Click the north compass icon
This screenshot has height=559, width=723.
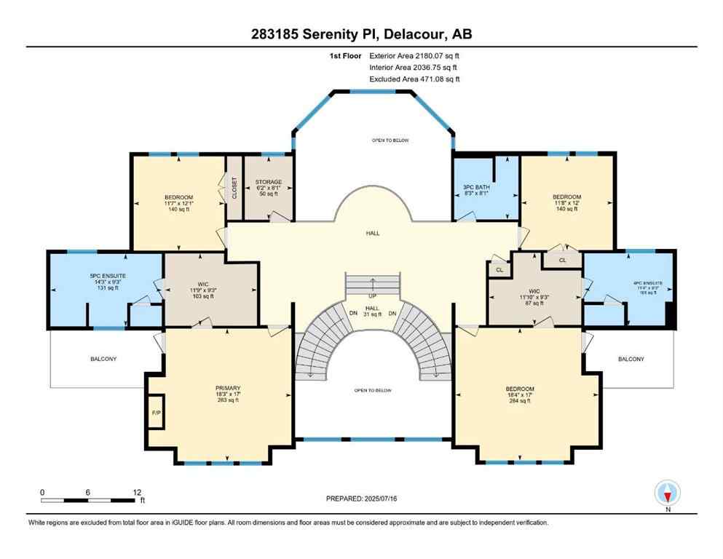[x=667, y=493]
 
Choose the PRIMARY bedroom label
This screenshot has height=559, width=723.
[x=228, y=388]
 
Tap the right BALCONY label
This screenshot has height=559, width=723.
[x=631, y=359]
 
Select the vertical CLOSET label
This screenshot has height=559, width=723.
[x=234, y=187]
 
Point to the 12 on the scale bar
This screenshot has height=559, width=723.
[x=137, y=492]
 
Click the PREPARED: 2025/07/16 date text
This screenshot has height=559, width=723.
[x=362, y=499]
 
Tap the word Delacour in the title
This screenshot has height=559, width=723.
[x=410, y=34]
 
